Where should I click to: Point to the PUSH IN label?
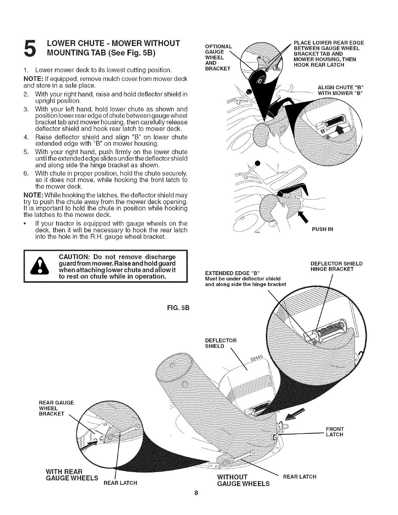pyautogui.click(x=322, y=229)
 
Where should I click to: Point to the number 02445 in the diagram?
pyautogui.click(x=257, y=360)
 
